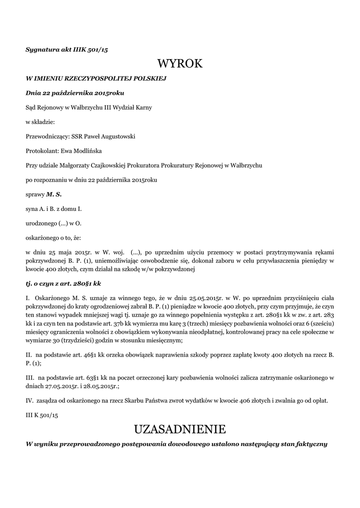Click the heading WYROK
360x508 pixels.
point(180,63)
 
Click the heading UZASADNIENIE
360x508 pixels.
point(180,429)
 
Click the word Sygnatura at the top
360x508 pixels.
point(44,49)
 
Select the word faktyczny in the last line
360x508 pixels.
point(311,444)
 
